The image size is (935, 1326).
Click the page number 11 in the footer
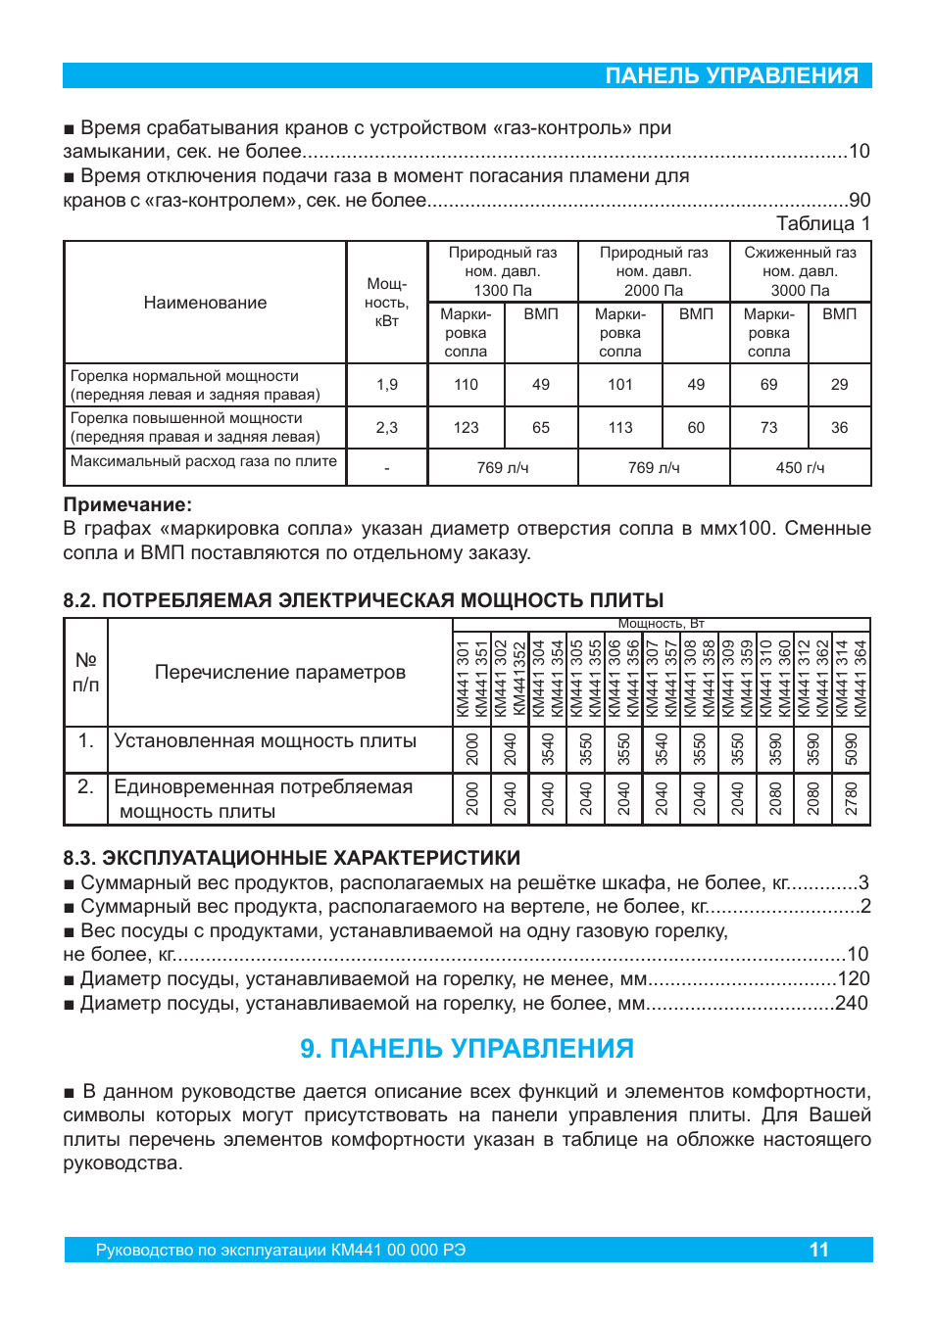coord(818,1250)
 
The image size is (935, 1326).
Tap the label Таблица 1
coord(822,223)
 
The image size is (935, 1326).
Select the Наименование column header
coord(205,303)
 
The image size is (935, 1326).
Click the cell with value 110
coord(466,385)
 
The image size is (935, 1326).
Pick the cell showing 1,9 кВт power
coord(387,385)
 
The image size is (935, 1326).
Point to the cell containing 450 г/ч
coord(800,468)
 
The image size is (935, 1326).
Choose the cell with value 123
coord(466,428)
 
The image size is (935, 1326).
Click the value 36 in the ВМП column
coord(839,428)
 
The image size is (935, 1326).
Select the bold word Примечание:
coord(127,504)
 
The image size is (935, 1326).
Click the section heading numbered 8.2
coord(364,600)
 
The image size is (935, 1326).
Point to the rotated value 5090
coord(851,749)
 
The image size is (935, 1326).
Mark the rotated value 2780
coord(851,799)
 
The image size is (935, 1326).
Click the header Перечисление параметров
coord(279,673)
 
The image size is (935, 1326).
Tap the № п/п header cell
coord(86,673)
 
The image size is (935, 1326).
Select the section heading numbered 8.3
coord(291,858)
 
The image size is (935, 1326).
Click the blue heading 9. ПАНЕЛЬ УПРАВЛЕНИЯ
coord(467,1049)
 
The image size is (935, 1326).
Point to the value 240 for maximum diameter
coord(851,1003)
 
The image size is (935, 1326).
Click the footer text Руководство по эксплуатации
coord(280,1251)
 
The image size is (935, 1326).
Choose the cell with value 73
coord(768,428)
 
